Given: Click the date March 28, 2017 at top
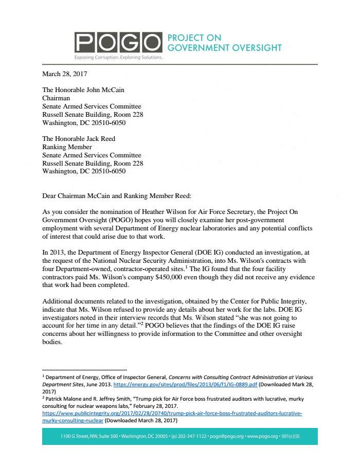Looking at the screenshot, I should tap(64, 74).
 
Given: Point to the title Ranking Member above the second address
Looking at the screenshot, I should tap(67, 147).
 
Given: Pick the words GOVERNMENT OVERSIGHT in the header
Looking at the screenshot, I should tap(224, 48).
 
